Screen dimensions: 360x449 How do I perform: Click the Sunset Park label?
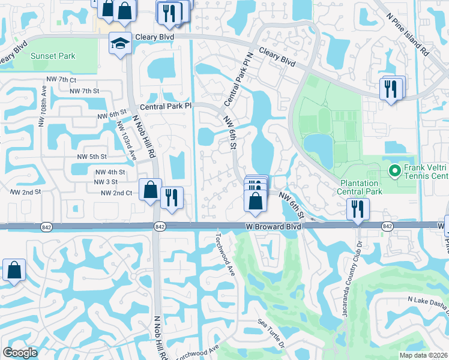[53, 56]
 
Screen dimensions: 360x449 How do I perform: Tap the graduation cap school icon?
[119, 43]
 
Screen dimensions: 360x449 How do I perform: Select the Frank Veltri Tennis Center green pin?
[394, 171]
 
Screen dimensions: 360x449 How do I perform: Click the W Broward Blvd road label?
[273, 226]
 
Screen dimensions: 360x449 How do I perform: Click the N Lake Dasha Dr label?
[427, 299]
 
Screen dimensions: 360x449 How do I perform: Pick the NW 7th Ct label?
[61, 80]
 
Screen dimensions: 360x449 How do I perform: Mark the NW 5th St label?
[92, 157]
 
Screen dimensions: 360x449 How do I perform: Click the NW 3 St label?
[106, 182]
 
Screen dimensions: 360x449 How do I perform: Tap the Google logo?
[20, 353]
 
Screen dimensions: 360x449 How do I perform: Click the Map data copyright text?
[424, 355]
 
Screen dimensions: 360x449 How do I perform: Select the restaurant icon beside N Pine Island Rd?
[391, 89]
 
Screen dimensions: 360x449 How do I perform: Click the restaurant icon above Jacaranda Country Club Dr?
[358, 210]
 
